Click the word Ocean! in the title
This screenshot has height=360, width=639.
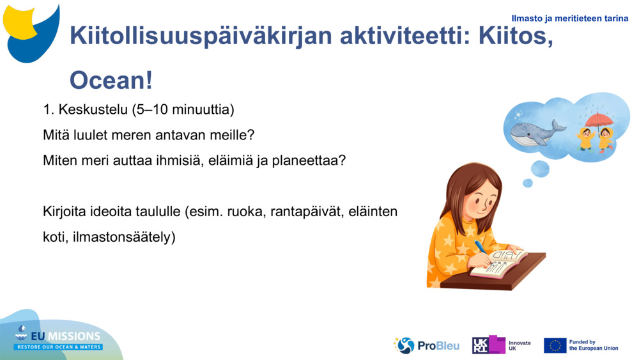click(x=111, y=81)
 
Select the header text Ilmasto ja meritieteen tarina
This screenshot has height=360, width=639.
click(x=569, y=19)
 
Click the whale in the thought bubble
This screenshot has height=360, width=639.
click(x=535, y=131)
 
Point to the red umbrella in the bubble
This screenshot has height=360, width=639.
click(x=599, y=120)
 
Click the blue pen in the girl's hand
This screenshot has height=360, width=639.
click(x=481, y=248)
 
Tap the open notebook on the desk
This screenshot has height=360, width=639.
click(x=499, y=263)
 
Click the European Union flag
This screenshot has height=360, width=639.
click(x=555, y=345)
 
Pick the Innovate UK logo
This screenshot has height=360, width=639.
click(x=501, y=345)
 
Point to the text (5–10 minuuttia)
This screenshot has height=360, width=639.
click(x=183, y=110)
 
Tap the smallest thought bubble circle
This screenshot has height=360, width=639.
click(x=527, y=183)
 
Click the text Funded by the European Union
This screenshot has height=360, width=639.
click(x=593, y=345)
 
